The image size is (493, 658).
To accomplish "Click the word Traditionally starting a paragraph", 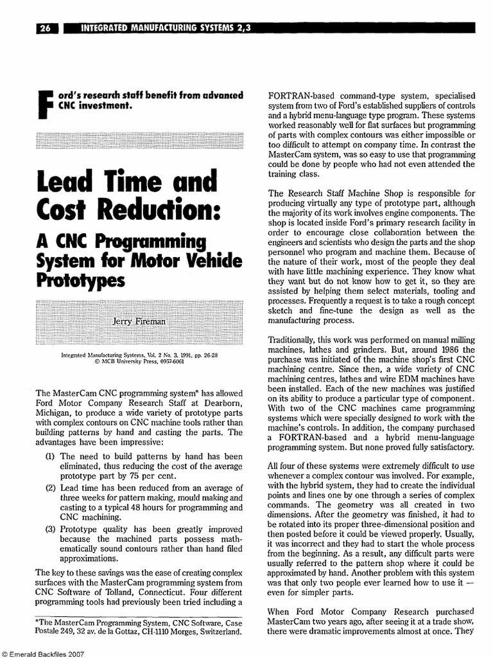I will (x=296, y=339).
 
